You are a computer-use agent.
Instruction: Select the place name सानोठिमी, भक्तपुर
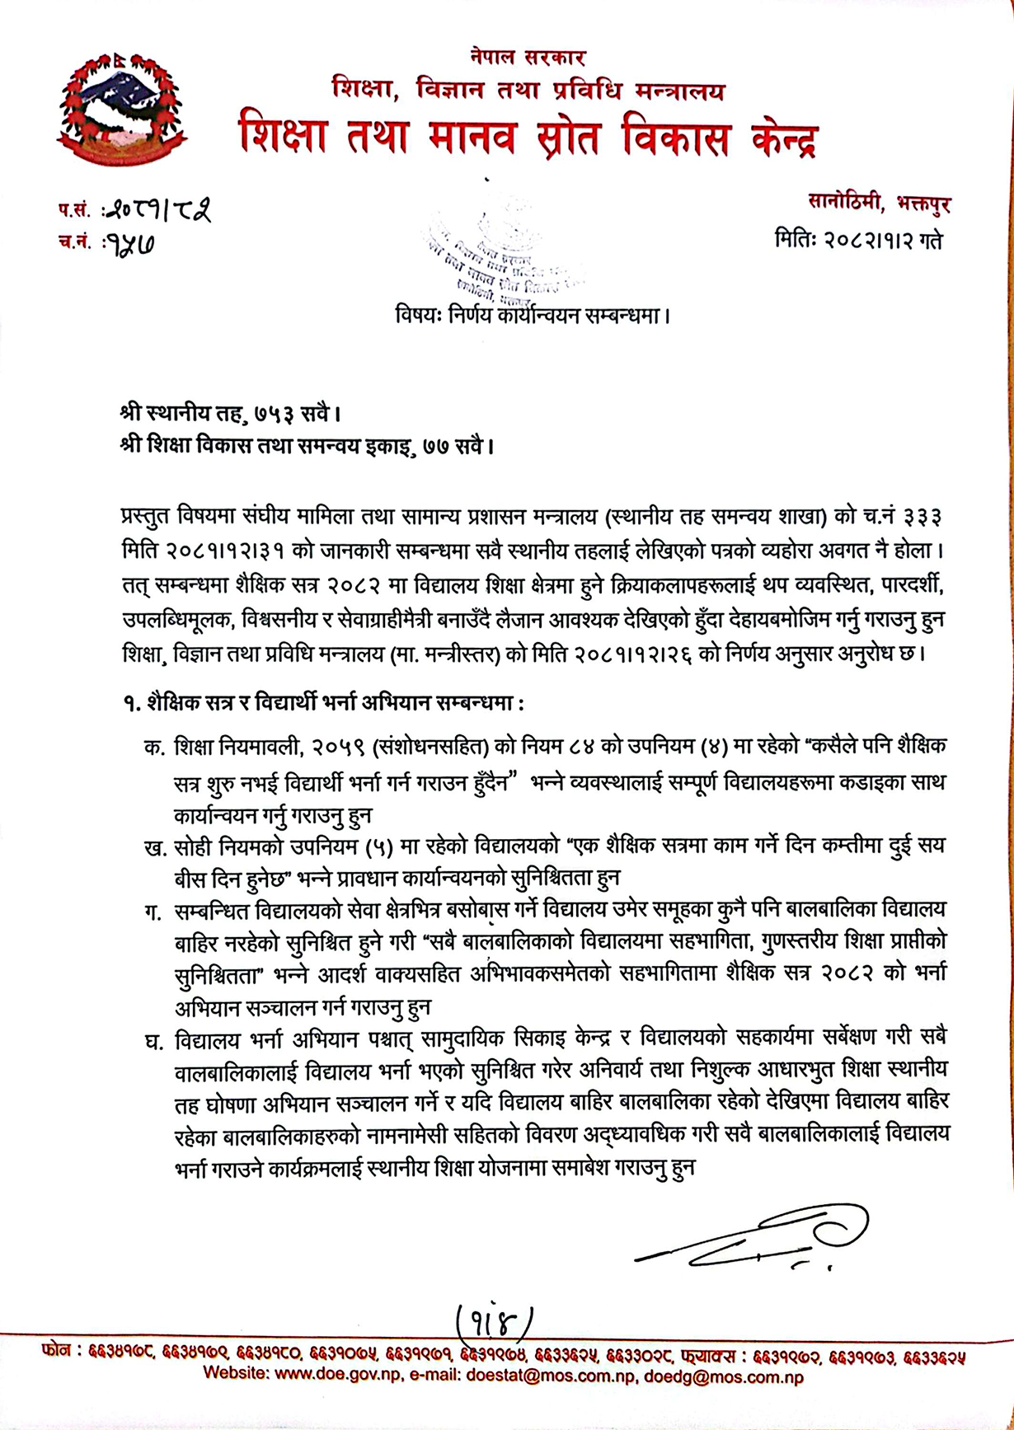coord(879,202)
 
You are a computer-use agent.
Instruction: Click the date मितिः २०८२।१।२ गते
coord(858,241)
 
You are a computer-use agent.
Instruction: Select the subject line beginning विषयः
coord(532,315)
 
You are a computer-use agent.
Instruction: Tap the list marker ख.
coord(154,847)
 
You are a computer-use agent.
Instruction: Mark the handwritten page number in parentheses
coord(495,1325)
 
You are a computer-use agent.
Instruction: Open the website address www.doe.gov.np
coord(336,1375)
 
